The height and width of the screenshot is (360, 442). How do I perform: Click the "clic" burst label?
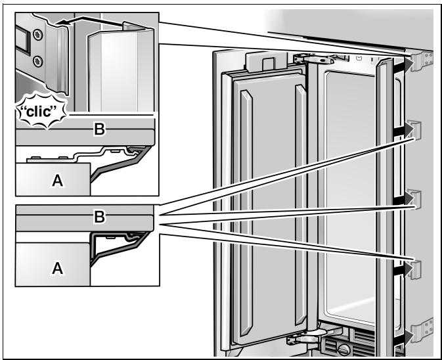[x=41, y=111]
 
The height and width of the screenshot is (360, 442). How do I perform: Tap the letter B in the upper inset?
[x=99, y=129]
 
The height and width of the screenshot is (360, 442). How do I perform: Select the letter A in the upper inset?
[x=58, y=181]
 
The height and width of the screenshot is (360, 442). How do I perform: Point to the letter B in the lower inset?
[x=99, y=217]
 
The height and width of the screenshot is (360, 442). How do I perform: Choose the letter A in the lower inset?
[x=58, y=268]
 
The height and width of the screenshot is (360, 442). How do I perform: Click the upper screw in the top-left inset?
[x=37, y=35]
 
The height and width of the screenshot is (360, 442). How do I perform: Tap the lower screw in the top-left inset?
[x=38, y=61]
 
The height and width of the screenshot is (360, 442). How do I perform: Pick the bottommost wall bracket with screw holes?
[x=422, y=330]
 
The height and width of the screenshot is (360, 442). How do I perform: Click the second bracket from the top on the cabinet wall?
[x=414, y=130]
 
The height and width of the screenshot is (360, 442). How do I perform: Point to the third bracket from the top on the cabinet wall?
[x=414, y=199]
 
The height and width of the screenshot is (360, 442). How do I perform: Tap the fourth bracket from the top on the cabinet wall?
[x=414, y=269]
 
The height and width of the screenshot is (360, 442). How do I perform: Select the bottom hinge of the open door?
[x=306, y=336]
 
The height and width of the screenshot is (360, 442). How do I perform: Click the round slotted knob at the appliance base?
[x=344, y=350]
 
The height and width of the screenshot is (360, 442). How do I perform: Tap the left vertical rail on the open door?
[x=246, y=213]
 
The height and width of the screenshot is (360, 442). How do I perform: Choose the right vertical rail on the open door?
[x=301, y=205]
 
